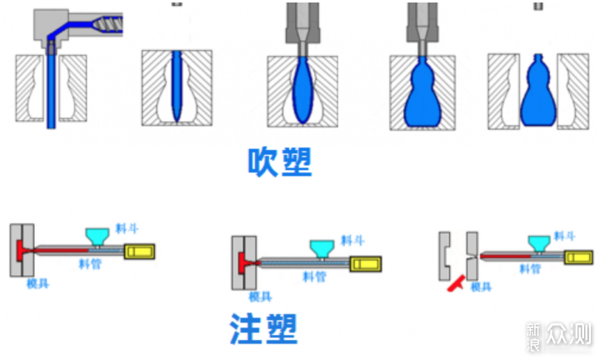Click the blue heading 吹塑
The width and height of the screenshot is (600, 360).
(x=280, y=162)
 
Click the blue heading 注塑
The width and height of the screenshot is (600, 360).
(x=263, y=328)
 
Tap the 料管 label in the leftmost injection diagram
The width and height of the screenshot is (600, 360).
(x=91, y=264)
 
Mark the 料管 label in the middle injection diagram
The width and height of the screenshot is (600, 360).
(x=314, y=276)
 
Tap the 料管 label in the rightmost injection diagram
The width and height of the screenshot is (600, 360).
(x=531, y=268)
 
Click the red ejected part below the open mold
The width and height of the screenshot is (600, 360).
(x=454, y=285)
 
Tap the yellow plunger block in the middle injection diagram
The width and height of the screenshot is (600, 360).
(x=365, y=263)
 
